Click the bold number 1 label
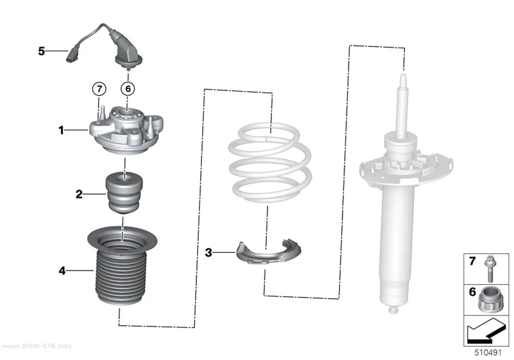coord(61,130)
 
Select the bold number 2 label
coord(79,194)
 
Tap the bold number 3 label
coord(209,252)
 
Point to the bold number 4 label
coord(62,271)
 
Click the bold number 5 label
coord(41,51)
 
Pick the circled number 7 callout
coord(99,89)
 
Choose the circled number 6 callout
coord(128,89)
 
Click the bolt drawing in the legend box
coord(490,269)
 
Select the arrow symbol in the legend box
coord(485,330)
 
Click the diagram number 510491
coord(488,353)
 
